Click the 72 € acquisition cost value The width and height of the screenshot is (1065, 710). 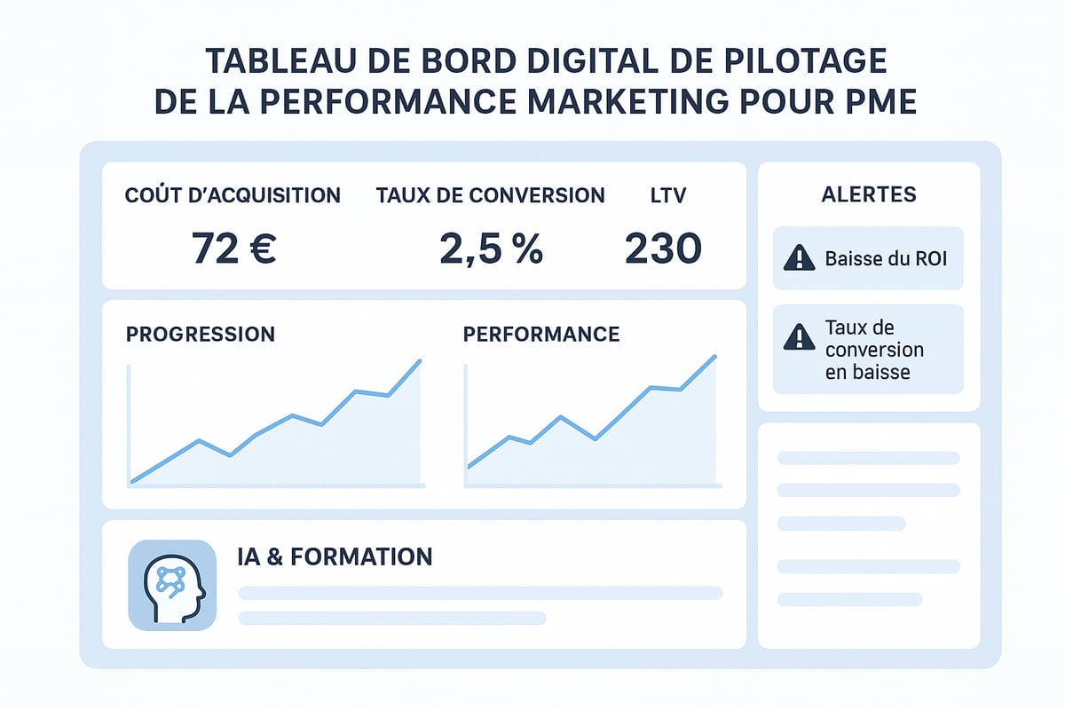[x=234, y=248]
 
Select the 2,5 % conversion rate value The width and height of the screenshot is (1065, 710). [x=491, y=248]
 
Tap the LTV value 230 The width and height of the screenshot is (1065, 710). [x=663, y=248]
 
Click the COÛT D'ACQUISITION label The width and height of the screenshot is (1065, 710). [x=233, y=195]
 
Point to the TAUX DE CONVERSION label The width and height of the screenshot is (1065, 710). [x=490, y=195]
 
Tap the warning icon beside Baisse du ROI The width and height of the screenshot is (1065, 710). [x=800, y=258]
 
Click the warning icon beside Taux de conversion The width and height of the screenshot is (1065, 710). [x=800, y=337]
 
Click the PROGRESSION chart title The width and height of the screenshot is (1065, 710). [x=201, y=335]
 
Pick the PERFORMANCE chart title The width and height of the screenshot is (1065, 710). [x=541, y=335]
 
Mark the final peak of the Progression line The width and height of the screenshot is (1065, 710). [x=419, y=360]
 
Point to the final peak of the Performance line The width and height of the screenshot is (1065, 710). [x=714, y=357]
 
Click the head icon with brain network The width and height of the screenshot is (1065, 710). [x=172, y=586]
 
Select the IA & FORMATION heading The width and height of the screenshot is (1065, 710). [x=335, y=556]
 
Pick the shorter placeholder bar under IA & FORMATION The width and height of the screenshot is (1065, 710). [x=391, y=618]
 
